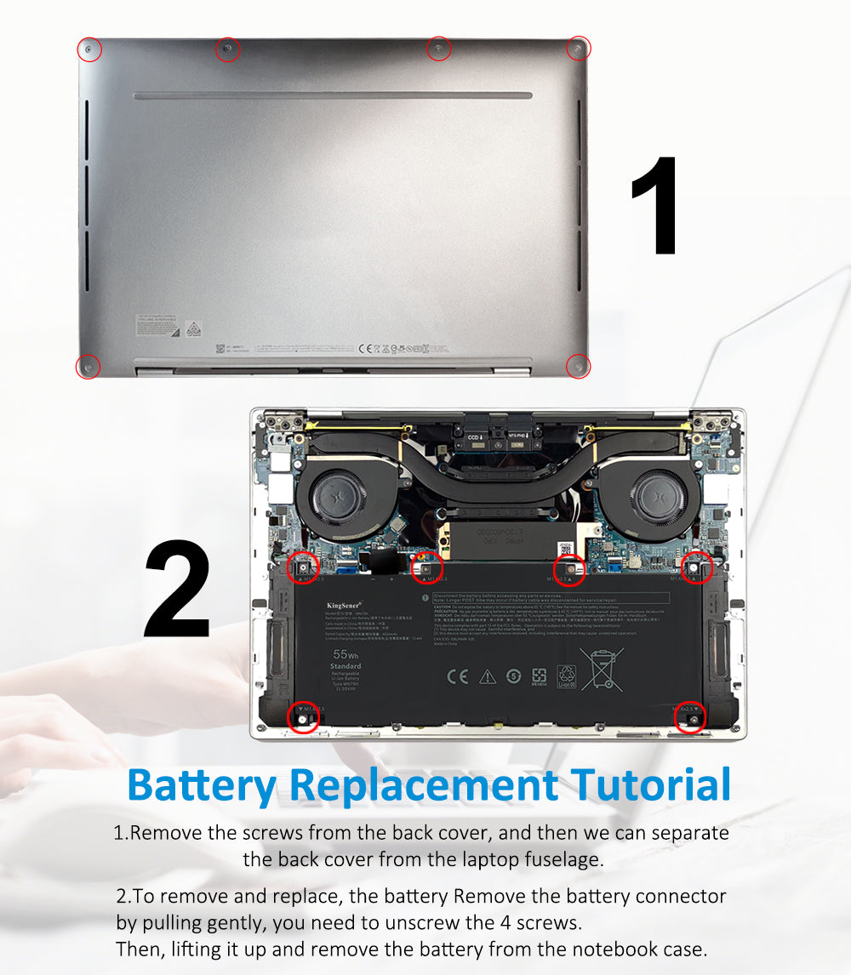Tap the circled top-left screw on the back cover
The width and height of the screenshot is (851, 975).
coord(89,50)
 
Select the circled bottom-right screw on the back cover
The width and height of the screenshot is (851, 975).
coord(578,366)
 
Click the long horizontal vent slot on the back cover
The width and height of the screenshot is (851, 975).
coord(333,96)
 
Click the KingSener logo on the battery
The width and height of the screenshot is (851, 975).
coord(344,606)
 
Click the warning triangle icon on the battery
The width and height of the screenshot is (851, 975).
coord(487,676)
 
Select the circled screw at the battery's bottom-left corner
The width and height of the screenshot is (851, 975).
coord(303,718)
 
